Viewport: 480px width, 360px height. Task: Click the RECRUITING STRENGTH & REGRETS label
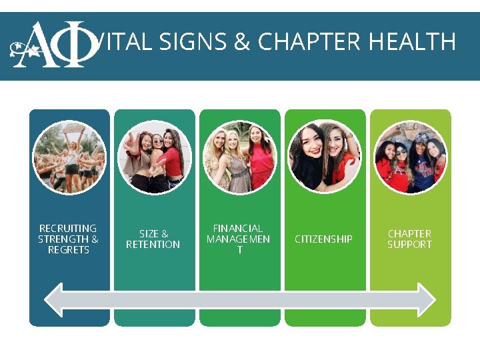(69, 239)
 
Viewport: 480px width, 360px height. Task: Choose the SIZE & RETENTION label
(153, 239)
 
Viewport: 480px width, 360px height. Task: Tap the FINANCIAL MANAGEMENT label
(238, 239)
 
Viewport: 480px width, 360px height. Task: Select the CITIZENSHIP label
(323, 239)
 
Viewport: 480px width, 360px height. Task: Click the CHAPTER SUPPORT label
(409, 239)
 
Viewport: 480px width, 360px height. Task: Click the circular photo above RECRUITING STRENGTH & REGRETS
(69, 157)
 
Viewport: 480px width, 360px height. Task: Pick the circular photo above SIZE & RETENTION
(154, 157)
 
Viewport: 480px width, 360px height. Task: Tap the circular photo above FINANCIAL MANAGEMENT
(239, 157)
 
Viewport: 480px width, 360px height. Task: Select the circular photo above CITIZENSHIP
(324, 157)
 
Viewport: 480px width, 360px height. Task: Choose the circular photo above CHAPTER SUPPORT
(410, 157)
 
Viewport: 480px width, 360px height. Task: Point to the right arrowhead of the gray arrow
(426, 300)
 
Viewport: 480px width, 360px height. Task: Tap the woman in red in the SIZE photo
(171, 163)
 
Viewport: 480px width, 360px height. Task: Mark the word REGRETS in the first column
(69, 250)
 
